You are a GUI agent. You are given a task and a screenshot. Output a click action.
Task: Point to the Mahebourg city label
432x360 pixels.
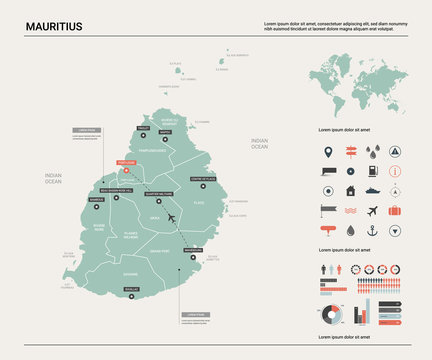[193, 250]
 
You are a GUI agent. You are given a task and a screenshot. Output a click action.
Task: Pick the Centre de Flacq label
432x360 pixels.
[202, 178]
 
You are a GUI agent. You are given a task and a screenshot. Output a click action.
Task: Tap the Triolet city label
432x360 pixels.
[143, 129]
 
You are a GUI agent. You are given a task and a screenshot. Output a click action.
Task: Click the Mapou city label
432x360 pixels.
[165, 131]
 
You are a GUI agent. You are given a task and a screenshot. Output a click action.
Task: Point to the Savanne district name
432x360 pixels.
[131, 272]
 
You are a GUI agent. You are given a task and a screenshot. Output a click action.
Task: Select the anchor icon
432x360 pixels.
[371, 230]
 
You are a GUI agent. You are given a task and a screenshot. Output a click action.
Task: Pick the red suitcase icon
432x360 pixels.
[394, 210]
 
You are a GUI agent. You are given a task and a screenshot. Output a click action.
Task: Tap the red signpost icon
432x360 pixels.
[350, 152]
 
